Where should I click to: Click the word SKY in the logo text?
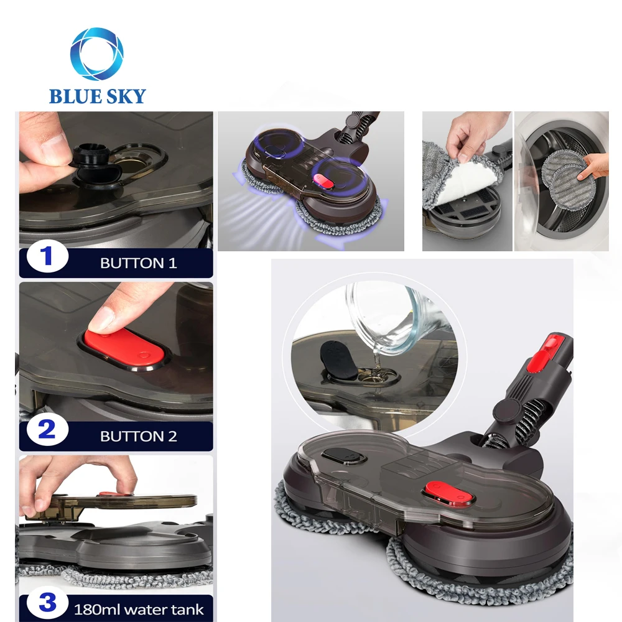tap(126, 96)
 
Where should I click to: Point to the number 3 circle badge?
tap(47, 602)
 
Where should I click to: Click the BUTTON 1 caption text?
tap(138, 263)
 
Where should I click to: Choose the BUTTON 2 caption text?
tap(138, 436)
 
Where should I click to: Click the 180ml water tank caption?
tap(138, 609)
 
